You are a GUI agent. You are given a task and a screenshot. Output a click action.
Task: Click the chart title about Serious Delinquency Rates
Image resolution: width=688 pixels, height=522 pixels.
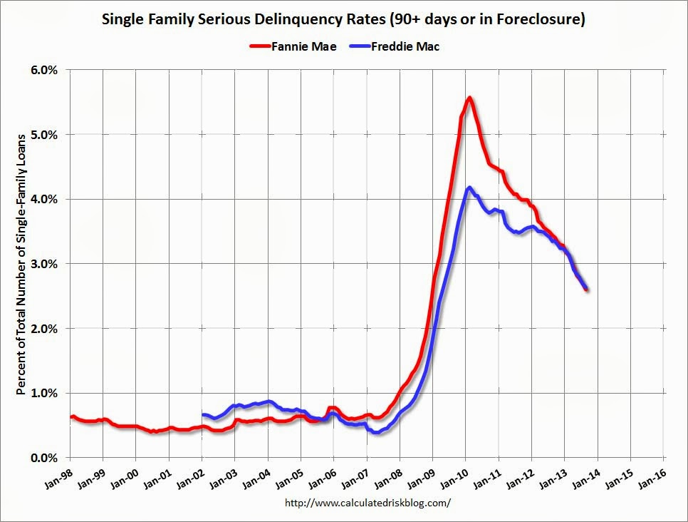click(x=343, y=19)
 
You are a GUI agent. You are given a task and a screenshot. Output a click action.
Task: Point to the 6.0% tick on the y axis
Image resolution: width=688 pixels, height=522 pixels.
click(x=43, y=70)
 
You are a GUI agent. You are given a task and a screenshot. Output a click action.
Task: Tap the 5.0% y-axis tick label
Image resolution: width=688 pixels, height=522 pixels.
click(x=43, y=134)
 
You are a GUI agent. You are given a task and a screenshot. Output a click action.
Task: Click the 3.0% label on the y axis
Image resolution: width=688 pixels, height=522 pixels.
click(x=43, y=264)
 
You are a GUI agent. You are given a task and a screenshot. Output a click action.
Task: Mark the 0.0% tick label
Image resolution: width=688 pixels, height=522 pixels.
click(x=43, y=458)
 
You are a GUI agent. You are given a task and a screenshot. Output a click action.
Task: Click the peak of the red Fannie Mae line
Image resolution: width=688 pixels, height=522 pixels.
click(x=469, y=98)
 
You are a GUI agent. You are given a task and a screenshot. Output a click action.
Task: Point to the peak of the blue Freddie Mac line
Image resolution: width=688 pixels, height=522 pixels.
click(x=469, y=188)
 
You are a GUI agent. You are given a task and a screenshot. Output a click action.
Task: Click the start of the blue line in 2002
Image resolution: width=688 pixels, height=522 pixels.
click(x=203, y=414)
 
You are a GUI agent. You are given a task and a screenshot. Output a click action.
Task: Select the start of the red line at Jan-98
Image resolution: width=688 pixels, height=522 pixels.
click(x=71, y=416)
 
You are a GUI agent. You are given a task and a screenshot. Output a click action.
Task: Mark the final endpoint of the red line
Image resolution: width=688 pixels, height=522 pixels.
click(x=586, y=289)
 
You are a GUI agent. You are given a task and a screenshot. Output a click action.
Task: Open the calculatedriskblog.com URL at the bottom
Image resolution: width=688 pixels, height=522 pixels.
click(x=368, y=502)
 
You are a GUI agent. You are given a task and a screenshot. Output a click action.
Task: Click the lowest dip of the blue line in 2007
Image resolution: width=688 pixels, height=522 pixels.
click(x=376, y=432)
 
